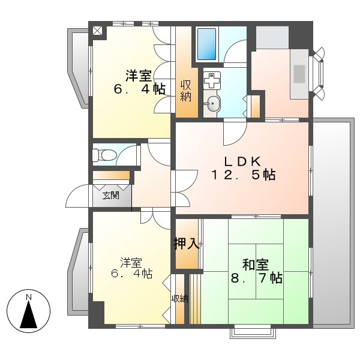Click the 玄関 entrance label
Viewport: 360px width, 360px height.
tap(110, 195)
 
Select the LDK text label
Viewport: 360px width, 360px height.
tap(242, 161)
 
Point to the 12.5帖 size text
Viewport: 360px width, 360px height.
tap(242, 175)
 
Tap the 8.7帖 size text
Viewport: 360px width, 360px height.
tap(257, 278)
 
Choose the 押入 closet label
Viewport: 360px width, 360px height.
tap(186, 244)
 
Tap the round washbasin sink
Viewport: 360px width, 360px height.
tap(211, 106)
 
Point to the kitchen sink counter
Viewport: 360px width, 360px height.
tap(299, 73)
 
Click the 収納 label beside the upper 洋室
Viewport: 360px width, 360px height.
tap(186, 90)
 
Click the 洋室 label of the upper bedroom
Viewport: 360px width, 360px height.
tap(138, 76)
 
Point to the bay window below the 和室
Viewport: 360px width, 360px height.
tap(251, 331)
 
